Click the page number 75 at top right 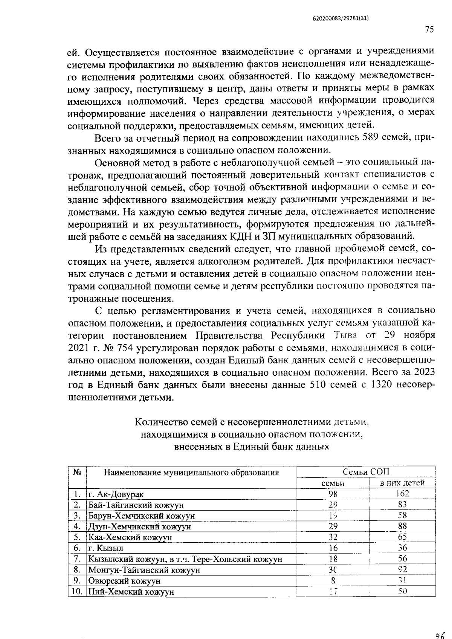429,30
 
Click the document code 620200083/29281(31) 340,18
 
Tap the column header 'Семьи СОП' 366,472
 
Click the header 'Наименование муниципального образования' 191,472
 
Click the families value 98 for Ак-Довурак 333,494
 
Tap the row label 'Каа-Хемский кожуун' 130,537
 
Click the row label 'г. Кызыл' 106,548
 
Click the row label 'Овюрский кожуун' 124,581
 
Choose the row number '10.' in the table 76,592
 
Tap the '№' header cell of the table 77,472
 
